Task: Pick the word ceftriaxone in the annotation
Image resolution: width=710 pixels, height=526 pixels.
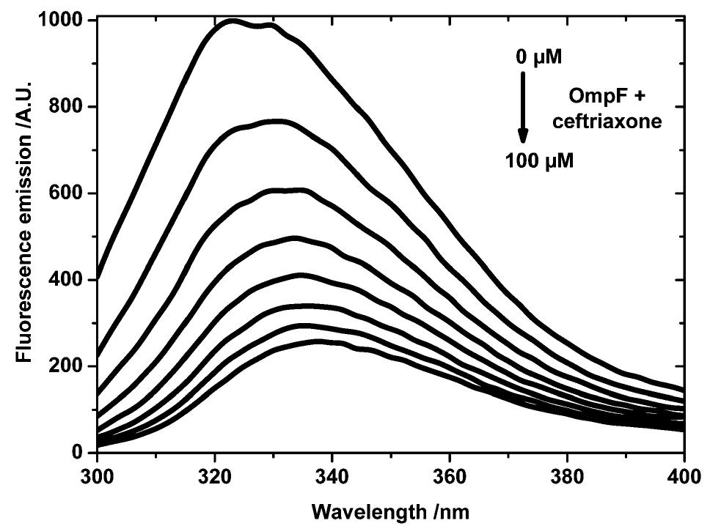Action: tap(616, 122)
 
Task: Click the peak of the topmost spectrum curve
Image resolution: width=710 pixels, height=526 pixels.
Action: tap(233, 21)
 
